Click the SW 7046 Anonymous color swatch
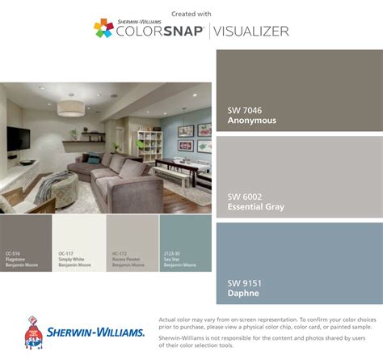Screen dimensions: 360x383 (x=298, y=89)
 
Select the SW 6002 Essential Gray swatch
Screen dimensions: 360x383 (x=298, y=176)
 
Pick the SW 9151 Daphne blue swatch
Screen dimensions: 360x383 (x=298, y=261)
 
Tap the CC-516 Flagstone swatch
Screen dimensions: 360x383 (x=26, y=243)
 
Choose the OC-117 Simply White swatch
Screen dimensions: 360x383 (x=79, y=243)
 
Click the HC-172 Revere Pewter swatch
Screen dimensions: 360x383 (x=132, y=243)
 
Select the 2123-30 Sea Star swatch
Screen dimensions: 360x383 (x=185, y=243)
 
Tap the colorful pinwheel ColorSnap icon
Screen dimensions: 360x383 (x=103, y=29)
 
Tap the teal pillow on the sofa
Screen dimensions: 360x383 (x=95, y=159)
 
